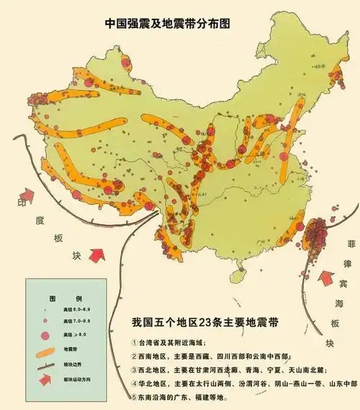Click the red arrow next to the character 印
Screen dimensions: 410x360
pos(28,195)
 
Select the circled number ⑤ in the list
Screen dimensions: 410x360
pos(136,396)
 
